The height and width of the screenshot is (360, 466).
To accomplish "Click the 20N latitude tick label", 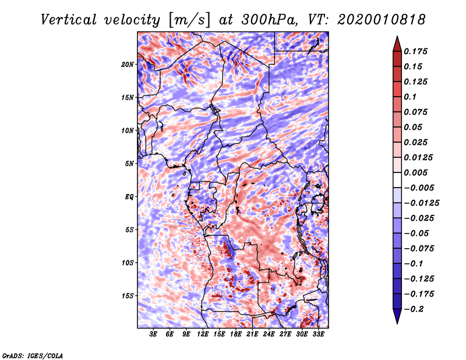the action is pyautogui.click(x=128, y=65).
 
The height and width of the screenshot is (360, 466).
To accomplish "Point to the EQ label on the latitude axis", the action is pyautogui.click(x=129, y=197).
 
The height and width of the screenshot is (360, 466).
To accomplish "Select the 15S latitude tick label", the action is pyautogui.click(x=128, y=296).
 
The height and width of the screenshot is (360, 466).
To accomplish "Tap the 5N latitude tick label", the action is pyautogui.click(x=129, y=164).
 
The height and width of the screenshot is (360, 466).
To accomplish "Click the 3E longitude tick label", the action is pyautogui.click(x=153, y=334).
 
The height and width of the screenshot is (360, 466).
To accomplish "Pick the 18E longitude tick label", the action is pyautogui.click(x=235, y=334).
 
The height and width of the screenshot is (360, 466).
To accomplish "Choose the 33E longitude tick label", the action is pyautogui.click(x=318, y=334).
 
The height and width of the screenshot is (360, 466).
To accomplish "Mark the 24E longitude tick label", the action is pyautogui.click(x=269, y=334).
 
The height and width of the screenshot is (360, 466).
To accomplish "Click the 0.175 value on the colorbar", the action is pyautogui.click(x=415, y=51).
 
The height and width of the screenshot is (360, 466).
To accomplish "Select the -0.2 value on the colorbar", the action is pyautogui.click(x=414, y=309).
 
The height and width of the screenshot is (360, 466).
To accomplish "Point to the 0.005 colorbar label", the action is pyautogui.click(x=415, y=172).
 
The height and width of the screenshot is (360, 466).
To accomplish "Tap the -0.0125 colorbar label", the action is pyautogui.click(x=421, y=203).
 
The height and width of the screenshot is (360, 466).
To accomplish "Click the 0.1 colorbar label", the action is pyautogui.click(x=410, y=97).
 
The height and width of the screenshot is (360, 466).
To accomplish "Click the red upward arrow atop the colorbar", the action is pyautogui.click(x=397, y=44).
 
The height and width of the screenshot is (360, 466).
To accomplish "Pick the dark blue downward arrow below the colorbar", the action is pyautogui.click(x=397, y=316).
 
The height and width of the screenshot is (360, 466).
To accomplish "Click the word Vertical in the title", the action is pyautogui.click(x=69, y=20).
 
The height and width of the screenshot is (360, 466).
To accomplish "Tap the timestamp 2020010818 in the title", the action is pyautogui.click(x=381, y=20).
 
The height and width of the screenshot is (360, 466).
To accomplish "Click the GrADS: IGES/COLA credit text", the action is pyautogui.click(x=33, y=355).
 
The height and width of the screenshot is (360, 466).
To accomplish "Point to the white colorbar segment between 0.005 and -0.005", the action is pyautogui.click(x=397, y=180).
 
